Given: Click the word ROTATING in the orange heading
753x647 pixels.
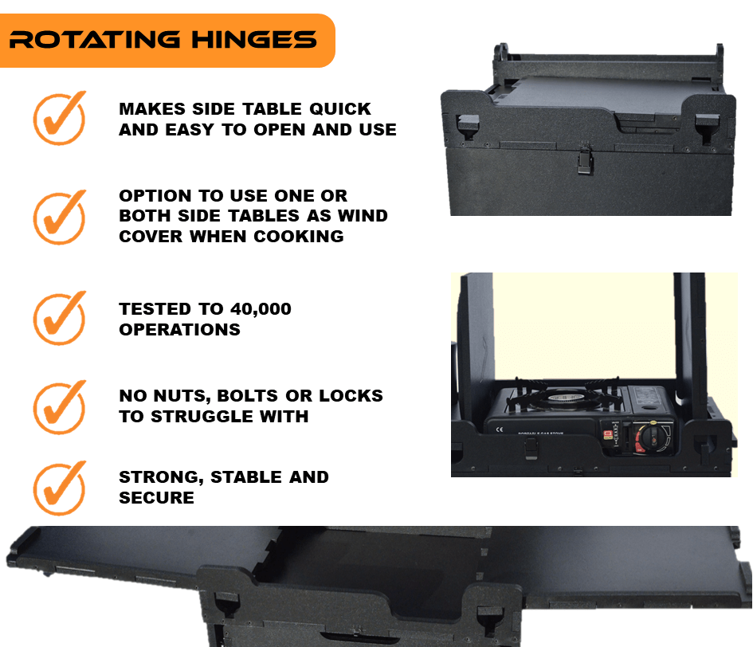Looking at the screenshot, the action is pyautogui.click(x=95, y=39).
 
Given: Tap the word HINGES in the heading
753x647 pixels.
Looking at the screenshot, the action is pyautogui.click(x=254, y=39).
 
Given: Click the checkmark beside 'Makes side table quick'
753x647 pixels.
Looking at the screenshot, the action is pyautogui.click(x=60, y=118).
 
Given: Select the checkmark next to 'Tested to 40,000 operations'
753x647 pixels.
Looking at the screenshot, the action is pyautogui.click(x=60, y=317).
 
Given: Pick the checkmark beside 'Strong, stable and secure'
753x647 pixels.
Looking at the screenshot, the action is pyautogui.click(x=60, y=488).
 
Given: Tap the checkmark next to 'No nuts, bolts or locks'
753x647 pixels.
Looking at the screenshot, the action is pyautogui.click(x=60, y=407).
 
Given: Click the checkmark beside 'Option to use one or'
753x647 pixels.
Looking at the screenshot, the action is pyautogui.click(x=60, y=217).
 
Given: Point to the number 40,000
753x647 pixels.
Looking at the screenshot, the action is pyautogui.click(x=261, y=309).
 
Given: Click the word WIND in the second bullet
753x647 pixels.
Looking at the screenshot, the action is pyautogui.click(x=363, y=216).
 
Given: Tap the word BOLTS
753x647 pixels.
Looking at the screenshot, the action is pyautogui.click(x=248, y=396).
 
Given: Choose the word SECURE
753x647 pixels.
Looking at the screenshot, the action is pyautogui.click(x=156, y=498).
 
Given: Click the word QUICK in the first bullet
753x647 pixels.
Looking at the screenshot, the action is pyautogui.click(x=340, y=109).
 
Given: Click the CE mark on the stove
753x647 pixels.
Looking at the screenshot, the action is pyautogui.click(x=500, y=429).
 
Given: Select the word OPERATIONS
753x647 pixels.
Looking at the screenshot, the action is pyautogui.click(x=179, y=330).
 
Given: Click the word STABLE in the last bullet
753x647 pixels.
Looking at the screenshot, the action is pyautogui.click(x=246, y=477).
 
